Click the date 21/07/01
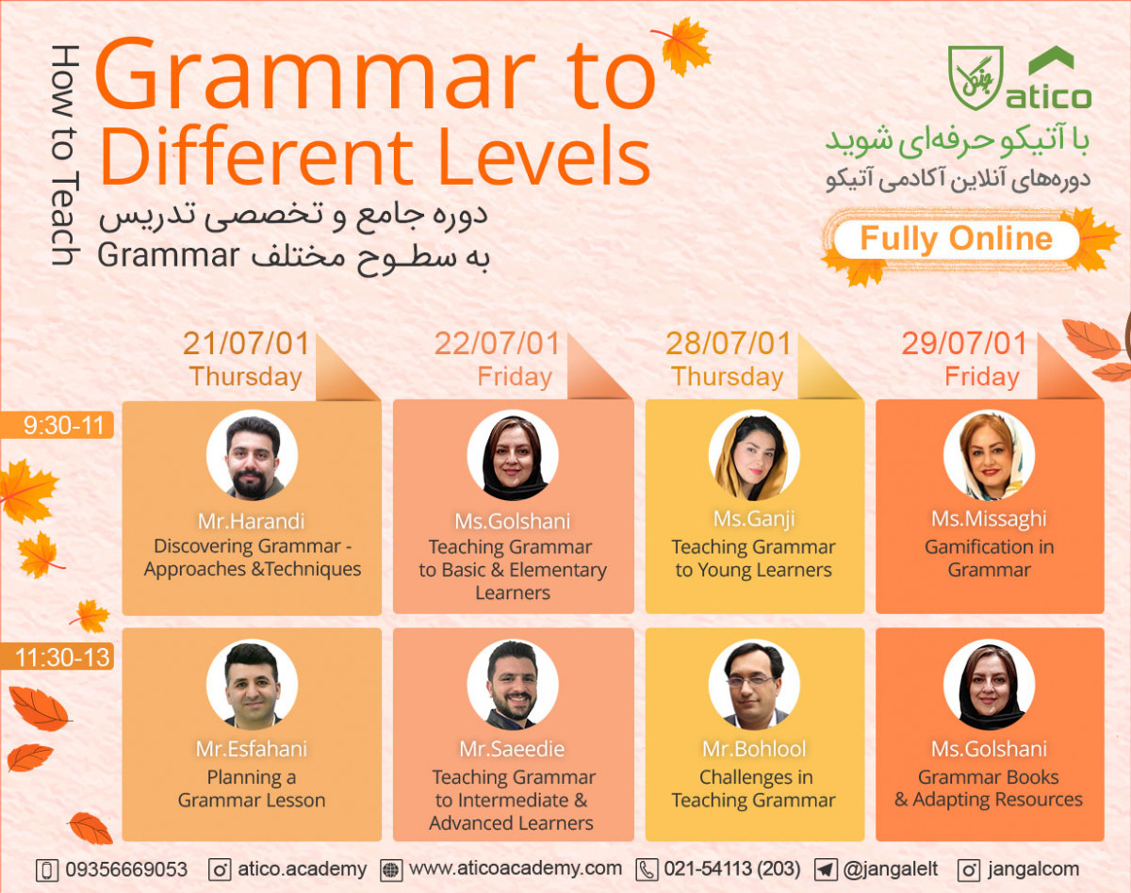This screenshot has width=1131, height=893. point(246,344)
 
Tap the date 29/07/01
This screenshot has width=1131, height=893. point(964,344)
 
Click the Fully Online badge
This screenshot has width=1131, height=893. point(956,238)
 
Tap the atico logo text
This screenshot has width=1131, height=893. point(1048,96)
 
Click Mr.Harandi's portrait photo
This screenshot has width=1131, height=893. point(253,457)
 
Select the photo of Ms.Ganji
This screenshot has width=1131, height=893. point(754,455)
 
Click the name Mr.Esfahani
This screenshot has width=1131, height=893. point(252,749)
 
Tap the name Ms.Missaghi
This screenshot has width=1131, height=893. point(989,519)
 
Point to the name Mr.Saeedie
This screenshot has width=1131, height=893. point(513,749)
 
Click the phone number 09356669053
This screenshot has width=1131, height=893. point(126,869)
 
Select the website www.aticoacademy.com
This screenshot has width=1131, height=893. point(516,869)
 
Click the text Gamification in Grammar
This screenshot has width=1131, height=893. point(989,558)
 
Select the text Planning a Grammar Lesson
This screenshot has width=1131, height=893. point(252,788)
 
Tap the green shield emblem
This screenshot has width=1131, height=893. point(976,77)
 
